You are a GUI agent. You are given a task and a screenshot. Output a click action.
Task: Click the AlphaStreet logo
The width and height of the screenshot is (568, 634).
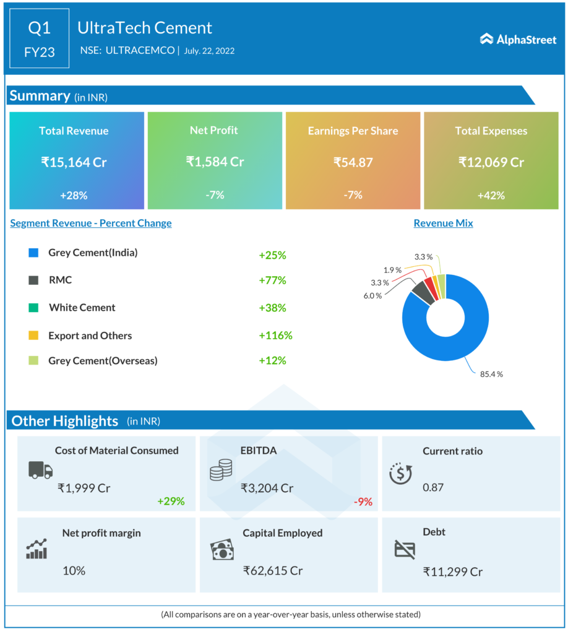tap(518, 39)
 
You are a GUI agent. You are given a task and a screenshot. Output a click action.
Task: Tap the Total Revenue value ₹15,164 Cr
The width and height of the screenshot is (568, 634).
tap(74, 162)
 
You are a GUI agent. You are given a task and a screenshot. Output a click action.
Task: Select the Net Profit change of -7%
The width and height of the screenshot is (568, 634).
tap(214, 195)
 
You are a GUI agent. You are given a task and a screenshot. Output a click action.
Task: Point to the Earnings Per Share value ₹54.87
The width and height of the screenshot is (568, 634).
tap(353, 162)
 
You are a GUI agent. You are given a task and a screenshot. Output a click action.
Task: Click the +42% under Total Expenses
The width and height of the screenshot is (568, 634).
tap(491, 195)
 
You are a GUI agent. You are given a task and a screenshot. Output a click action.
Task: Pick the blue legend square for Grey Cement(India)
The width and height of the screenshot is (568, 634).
tap(34, 253)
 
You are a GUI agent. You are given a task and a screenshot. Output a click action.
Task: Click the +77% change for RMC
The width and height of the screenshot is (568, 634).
tap(272, 280)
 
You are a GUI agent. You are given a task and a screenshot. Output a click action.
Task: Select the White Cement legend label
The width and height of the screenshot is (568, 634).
tap(82, 308)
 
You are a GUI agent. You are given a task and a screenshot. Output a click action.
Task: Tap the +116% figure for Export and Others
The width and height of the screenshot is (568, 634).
tap(275, 336)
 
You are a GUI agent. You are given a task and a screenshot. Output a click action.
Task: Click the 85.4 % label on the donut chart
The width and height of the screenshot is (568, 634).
tap(491, 375)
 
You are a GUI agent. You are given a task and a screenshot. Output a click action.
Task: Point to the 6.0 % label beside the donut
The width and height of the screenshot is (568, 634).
tap(372, 295)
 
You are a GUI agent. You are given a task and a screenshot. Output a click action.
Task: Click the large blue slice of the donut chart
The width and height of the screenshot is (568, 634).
tap(433, 347)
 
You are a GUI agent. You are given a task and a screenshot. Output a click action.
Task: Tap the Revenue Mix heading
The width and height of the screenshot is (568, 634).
tap(443, 224)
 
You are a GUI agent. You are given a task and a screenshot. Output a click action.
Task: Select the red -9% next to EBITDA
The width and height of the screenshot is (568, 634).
tap(363, 502)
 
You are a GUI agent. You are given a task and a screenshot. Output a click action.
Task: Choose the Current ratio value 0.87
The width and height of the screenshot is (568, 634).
tap(433, 488)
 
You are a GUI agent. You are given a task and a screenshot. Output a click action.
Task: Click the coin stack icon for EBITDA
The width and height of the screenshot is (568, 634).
tap(221, 470)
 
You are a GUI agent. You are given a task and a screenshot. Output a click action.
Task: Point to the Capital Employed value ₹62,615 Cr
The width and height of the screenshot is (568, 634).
tap(273, 571)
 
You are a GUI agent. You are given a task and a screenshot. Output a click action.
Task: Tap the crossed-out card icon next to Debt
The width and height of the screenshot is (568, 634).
tap(405, 549)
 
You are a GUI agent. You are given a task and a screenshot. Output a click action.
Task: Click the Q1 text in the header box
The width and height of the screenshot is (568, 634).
tap(39, 28)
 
